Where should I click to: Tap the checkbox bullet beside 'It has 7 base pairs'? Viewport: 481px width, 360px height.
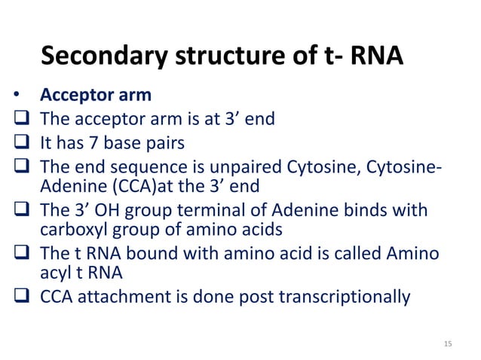tap(20, 142)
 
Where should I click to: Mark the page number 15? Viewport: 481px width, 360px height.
tap(448, 344)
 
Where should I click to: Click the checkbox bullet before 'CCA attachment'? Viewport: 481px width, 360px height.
tap(20, 297)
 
